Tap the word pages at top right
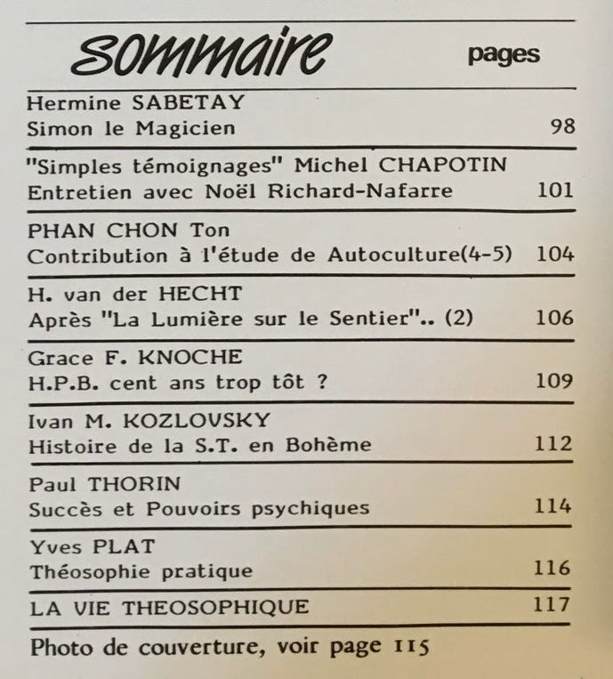coord(504,53)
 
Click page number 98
coord(562,127)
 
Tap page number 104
coord(555,255)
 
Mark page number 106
coord(555,318)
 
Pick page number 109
coord(555,382)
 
